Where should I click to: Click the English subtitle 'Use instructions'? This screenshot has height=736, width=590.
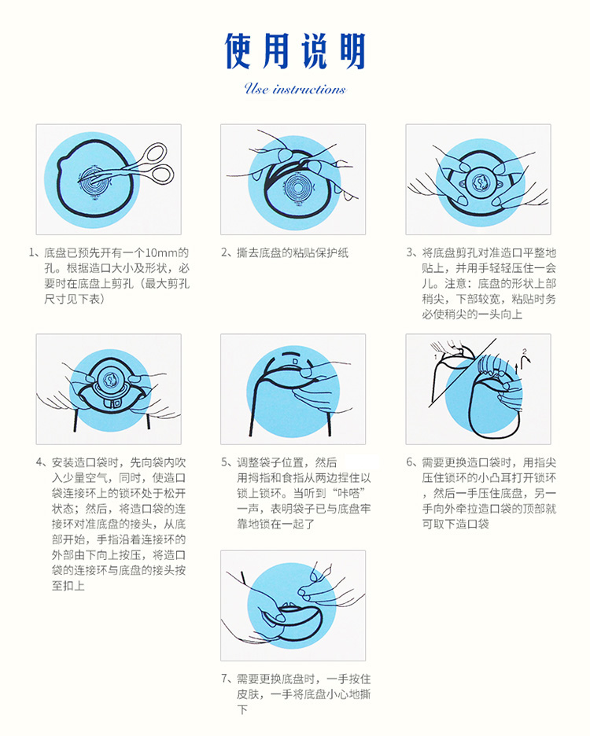tap(295, 89)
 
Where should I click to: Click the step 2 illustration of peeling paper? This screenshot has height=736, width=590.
tap(293, 179)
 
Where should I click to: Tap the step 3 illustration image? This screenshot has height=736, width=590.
tap(478, 179)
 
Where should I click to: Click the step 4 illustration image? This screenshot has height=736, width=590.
tap(109, 389)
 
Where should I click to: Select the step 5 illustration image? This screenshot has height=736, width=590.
tap(293, 389)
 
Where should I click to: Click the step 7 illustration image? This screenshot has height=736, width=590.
tap(293, 605)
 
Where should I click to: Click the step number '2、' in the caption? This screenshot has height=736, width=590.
tap(226, 253)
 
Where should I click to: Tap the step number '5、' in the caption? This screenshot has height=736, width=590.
tap(226, 462)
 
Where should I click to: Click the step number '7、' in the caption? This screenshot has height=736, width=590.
tap(226, 679)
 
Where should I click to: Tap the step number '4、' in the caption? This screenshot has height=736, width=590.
tap(41, 462)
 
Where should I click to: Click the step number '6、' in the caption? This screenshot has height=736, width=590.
tap(411, 462)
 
